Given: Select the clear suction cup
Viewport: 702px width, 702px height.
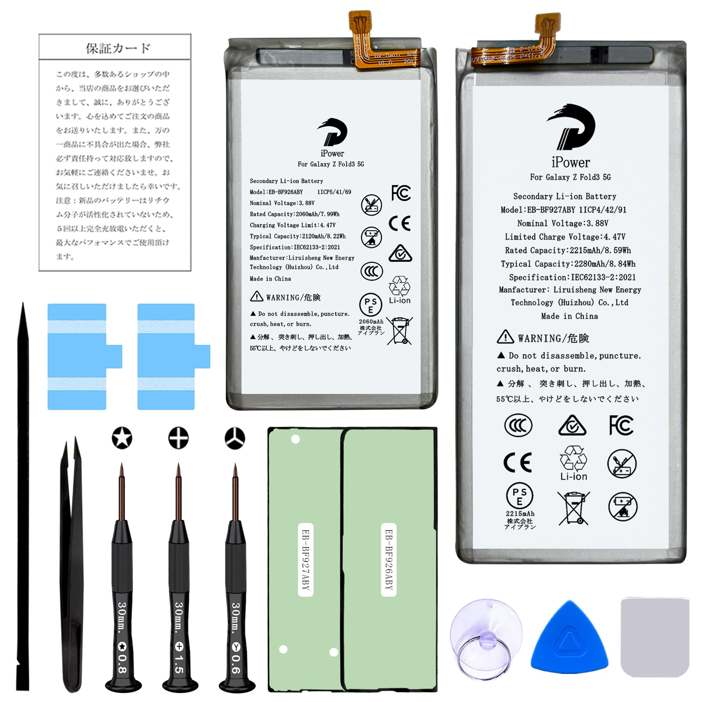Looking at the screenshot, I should coord(485,640).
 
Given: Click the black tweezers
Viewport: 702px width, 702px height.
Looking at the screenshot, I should coord(72,567).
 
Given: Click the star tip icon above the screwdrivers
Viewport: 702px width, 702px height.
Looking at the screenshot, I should coord(122,438).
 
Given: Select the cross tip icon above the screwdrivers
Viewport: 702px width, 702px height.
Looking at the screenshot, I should coord(178,438).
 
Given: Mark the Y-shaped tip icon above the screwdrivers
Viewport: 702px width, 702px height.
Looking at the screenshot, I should coord(235,438).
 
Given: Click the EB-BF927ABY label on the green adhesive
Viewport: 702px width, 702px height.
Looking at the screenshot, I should coord(306,560).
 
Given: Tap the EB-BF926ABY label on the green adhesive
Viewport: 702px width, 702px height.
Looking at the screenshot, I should coord(389,560).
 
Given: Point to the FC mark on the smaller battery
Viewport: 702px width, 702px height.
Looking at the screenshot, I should coord(401,193).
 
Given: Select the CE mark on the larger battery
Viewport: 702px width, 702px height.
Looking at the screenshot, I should coord(517,463).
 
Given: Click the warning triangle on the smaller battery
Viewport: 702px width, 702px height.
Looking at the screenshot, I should coord(257,297).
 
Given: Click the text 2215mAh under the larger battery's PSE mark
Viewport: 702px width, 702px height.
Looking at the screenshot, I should coord(520,514).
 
